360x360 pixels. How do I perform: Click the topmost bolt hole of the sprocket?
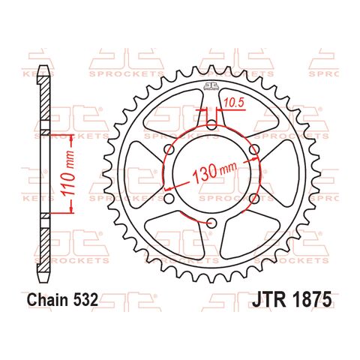pos(211,126)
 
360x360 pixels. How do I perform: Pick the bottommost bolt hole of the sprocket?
pos(211,223)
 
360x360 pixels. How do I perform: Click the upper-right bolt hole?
pos(253,151)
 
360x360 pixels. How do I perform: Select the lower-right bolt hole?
pos(253,199)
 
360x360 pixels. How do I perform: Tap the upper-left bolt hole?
pos(168,151)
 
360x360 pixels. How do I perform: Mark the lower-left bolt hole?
pos(168,199)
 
